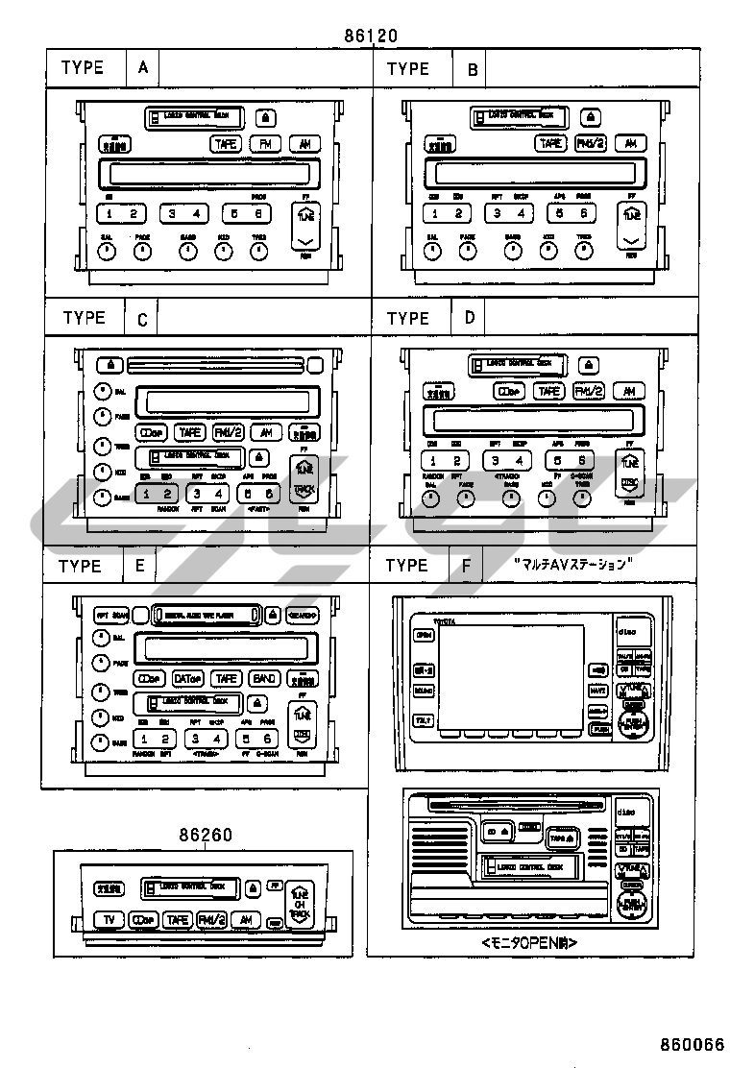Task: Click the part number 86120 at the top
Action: pyautogui.click(x=371, y=37)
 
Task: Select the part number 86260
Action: pyautogui.click(x=205, y=835)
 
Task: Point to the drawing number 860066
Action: pyautogui.click(x=692, y=1044)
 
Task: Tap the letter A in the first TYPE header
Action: pyautogui.click(x=143, y=68)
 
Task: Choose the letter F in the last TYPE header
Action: pyautogui.click(x=467, y=566)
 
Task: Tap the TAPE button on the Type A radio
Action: pyautogui.click(x=227, y=143)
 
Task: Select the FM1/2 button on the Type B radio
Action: pyautogui.click(x=590, y=143)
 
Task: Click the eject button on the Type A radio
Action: pyautogui.click(x=265, y=118)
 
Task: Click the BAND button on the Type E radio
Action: pyautogui.click(x=263, y=678)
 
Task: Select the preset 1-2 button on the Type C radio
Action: pyautogui.click(x=155, y=494)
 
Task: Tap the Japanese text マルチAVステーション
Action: pyautogui.click(x=571, y=564)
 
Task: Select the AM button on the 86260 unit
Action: pyautogui.click(x=247, y=919)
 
